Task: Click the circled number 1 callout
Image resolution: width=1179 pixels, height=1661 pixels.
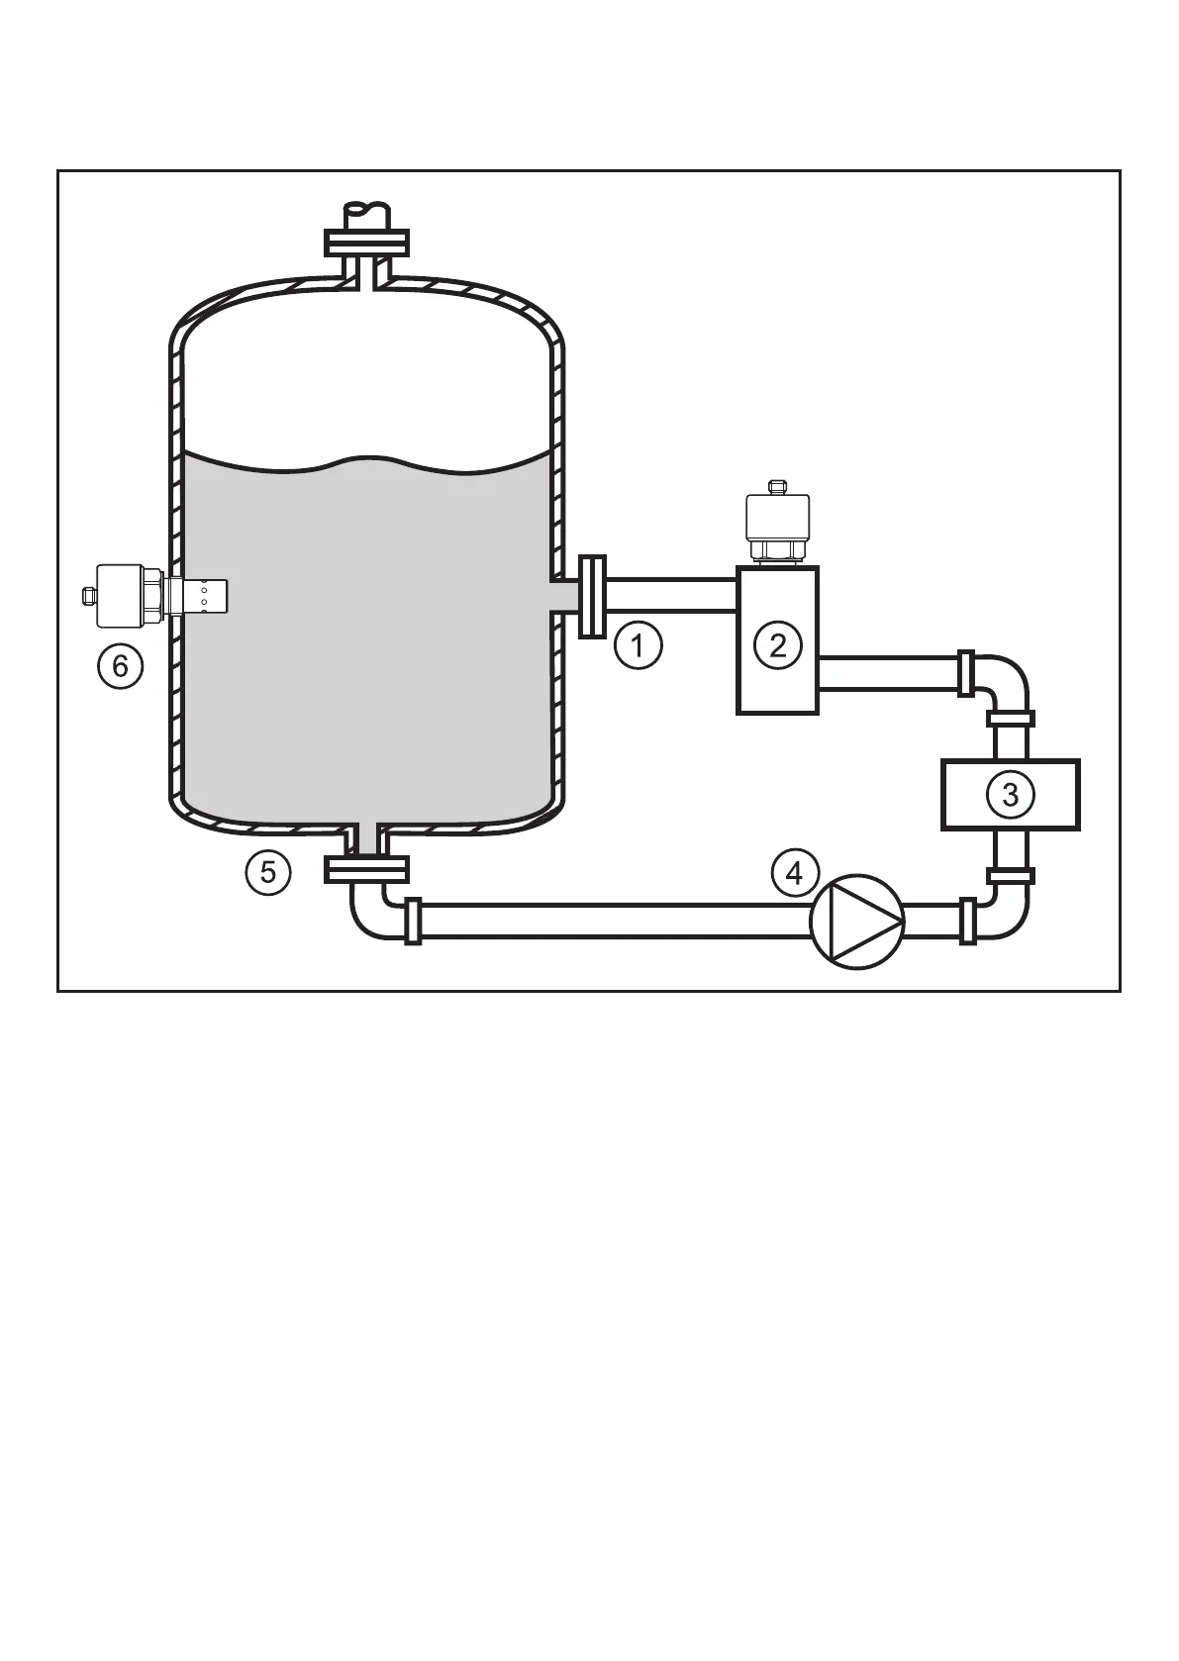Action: tap(638, 646)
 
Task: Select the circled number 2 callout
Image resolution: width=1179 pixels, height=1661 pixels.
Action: tap(777, 645)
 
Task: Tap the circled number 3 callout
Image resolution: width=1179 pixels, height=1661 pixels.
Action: tap(1010, 794)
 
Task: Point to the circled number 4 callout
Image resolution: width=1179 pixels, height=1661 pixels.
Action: tap(795, 873)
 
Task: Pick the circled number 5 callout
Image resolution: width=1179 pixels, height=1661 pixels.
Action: tap(267, 873)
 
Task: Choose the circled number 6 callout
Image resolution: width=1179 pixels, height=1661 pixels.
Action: tap(120, 666)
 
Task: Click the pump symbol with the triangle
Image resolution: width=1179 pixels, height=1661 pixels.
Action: tap(857, 922)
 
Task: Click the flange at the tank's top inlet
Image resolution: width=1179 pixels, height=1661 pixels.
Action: tap(366, 242)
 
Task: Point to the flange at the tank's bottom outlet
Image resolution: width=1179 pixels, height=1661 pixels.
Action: tap(366, 869)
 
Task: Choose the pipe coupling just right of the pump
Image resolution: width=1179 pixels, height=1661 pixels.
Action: tap(967, 922)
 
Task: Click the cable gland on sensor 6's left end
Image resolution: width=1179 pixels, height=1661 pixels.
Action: tap(87, 595)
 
